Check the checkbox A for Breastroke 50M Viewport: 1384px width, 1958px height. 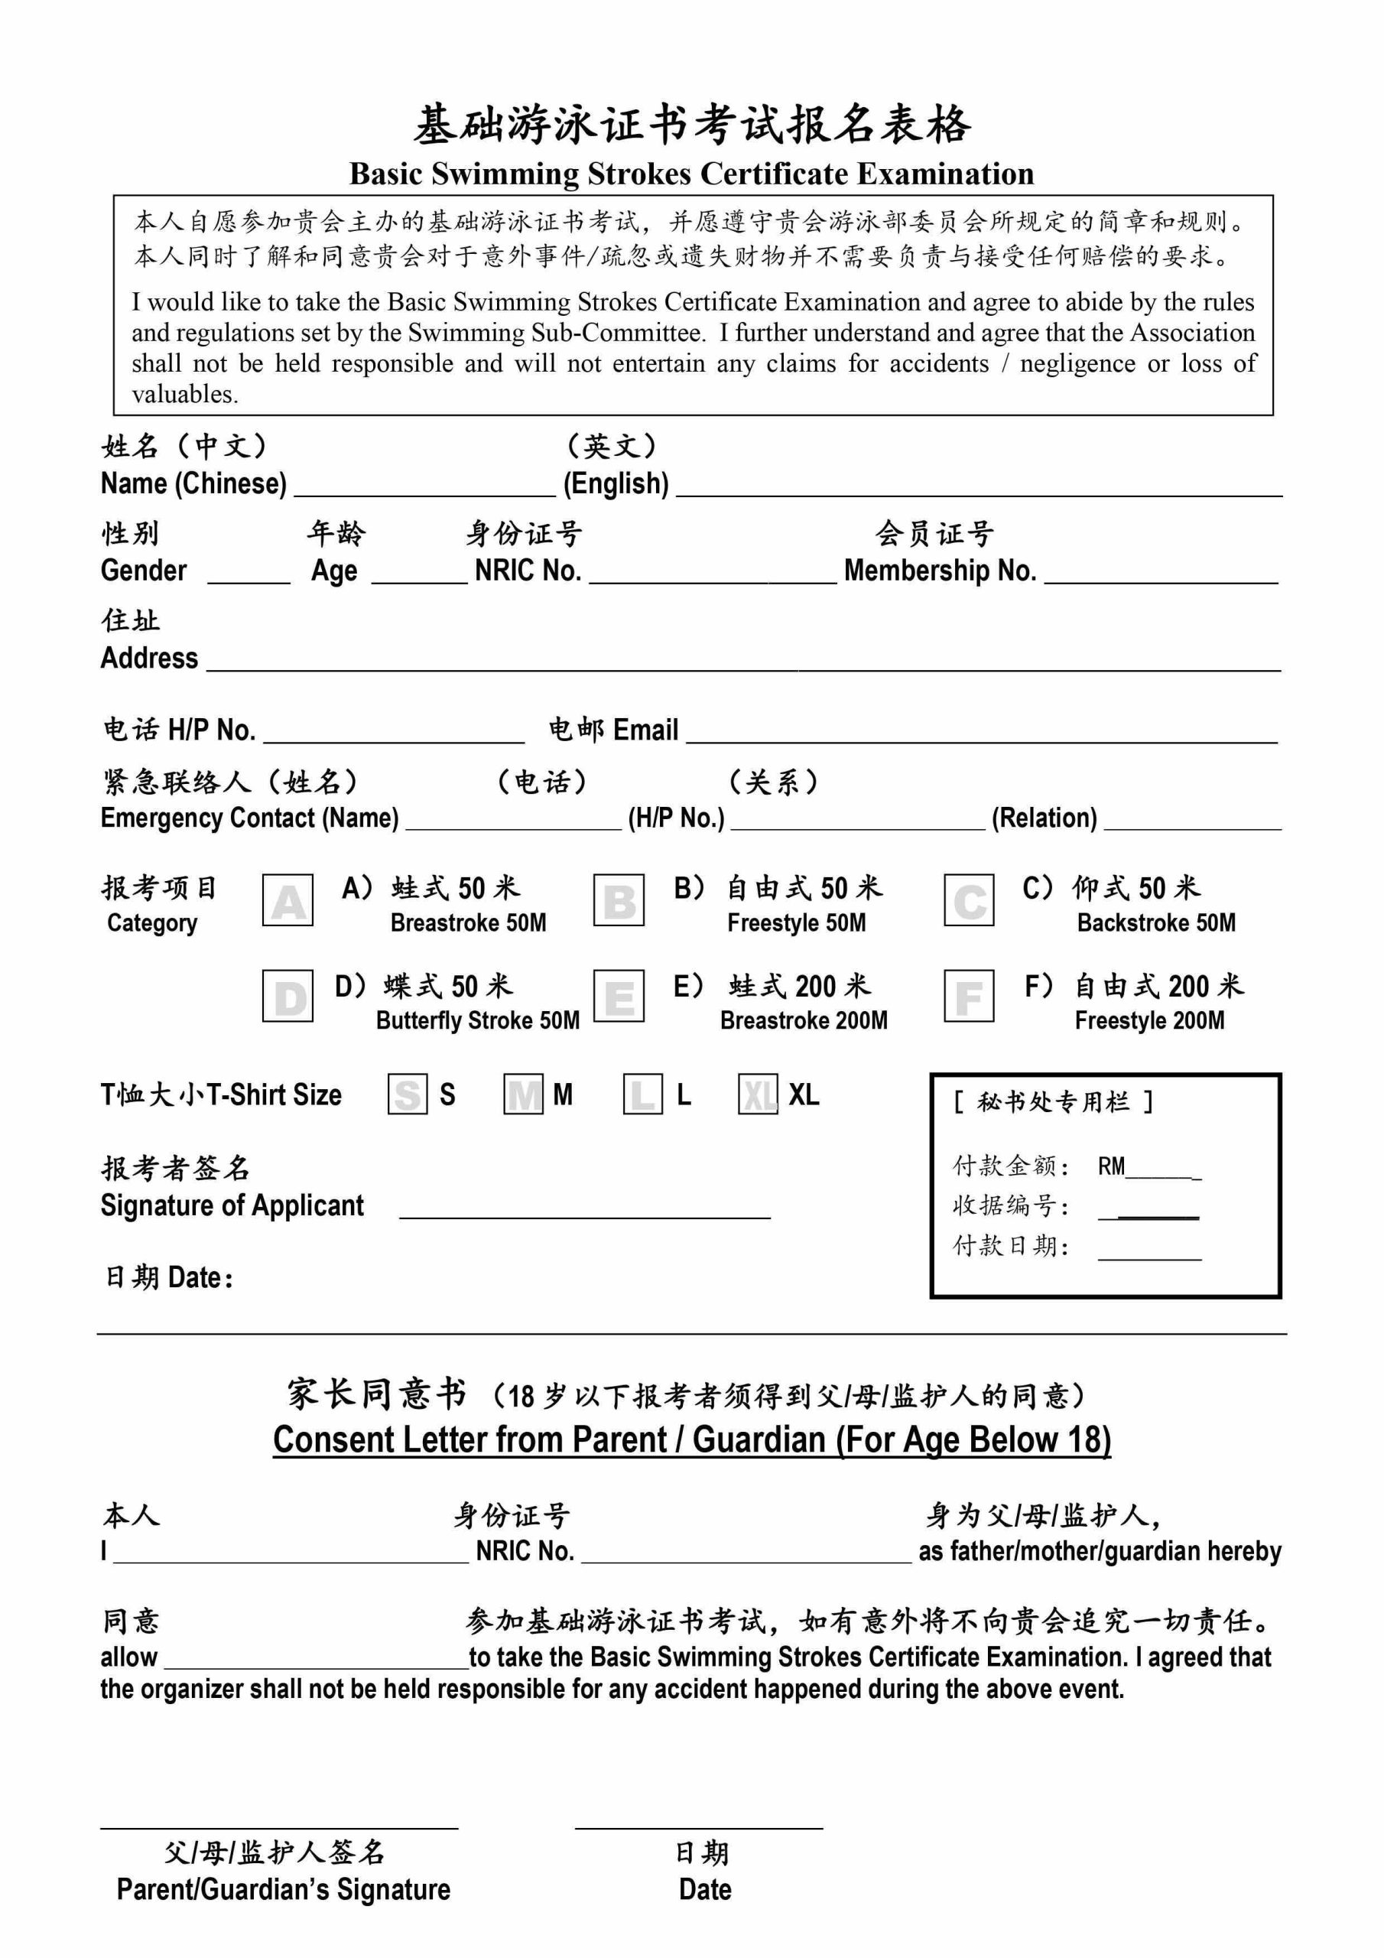click(x=288, y=899)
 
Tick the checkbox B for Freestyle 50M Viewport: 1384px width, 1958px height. click(x=619, y=899)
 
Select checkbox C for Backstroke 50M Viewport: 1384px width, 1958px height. click(x=969, y=899)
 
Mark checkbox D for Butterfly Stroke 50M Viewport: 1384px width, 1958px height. click(x=288, y=995)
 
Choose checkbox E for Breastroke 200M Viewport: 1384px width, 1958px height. click(x=619, y=995)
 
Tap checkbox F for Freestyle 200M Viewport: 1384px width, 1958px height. click(x=969, y=995)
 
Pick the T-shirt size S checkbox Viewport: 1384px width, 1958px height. click(x=408, y=1094)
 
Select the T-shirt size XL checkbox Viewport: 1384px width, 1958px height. click(x=757, y=1094)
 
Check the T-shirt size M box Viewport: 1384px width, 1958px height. click(x=524, y=1094)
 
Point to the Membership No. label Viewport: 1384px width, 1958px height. click(x=940, y=570)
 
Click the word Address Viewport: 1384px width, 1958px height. click(x=149, y=658)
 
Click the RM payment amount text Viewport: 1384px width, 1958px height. click(x=1111, y=1166)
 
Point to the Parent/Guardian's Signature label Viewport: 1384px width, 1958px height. click(x=283, y=1889)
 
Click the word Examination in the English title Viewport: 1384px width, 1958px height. click(x=945, y=173)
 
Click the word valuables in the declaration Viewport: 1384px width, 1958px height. click(x=185, y=394)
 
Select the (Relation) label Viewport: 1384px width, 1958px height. click(x=1044, y=818)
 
